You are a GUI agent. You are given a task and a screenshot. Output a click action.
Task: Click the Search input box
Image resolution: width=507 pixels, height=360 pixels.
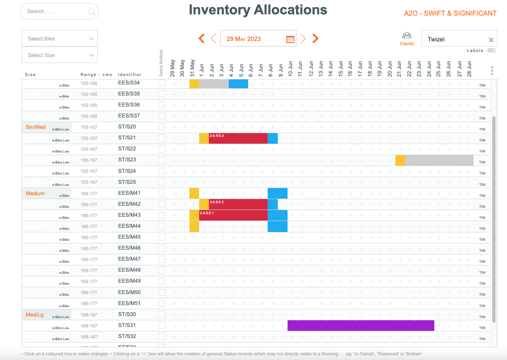pyautogui.click(x=55, y=11)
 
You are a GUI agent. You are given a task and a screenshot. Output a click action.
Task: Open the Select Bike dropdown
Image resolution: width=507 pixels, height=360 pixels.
pyautogui.click(x=60, y=39)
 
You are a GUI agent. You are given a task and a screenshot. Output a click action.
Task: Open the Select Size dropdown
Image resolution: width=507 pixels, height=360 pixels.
pyautogui.click(x=60, y=55)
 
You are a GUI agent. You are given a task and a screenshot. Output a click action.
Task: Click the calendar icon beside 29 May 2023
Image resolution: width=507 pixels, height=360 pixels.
pyautogui.click(x=290, y=39)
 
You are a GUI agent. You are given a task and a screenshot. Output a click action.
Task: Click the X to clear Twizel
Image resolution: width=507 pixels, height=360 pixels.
pyautogui.click(x=491, y=40)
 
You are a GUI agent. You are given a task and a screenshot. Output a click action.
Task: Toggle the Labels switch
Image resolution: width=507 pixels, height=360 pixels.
pyautogui.click(x=491, y=50)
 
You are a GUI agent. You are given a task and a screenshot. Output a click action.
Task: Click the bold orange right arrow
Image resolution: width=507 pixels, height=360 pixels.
pyautogui.click(x=315, y=39)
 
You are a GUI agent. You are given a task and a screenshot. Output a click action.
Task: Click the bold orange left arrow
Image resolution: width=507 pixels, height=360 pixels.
pyautogui.click(x=202, y=39)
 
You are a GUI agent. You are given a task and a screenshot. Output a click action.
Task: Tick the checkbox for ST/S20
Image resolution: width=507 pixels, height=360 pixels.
pyautogui.click(x=162, y=127)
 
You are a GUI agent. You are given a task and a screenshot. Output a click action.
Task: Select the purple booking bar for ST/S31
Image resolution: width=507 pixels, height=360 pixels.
pyautogui.click(x=361, y=326)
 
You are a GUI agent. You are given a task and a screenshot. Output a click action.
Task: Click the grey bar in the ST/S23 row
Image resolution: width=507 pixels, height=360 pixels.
pyautogui.click(x=439, y=161)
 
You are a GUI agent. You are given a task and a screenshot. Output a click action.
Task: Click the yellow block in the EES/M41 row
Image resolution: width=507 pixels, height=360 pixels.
pyautogui.click(x=194, y=194)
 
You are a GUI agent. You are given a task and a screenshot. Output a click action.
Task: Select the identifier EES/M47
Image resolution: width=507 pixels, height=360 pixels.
pyautogui.click(x=129, y=259)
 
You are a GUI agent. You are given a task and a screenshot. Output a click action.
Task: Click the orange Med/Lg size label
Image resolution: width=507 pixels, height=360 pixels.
pyautogui.click(x=35, y=315)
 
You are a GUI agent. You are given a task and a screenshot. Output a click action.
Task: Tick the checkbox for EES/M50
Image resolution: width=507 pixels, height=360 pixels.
pyautogui.click(x=162, y=292)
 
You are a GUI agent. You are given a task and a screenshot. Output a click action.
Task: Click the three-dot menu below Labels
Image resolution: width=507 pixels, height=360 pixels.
pyautogui.click(x=492, y=71)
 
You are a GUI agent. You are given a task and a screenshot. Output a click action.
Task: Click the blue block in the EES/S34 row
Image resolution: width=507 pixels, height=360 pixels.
pyautogui.click(x=238, y=84)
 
